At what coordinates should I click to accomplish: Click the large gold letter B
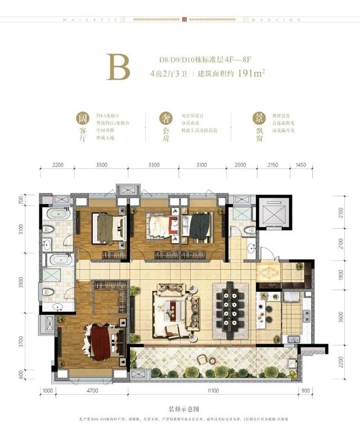click(118, 66)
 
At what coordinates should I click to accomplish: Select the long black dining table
click(232, 307)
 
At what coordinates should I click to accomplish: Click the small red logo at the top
click(183, 19)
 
